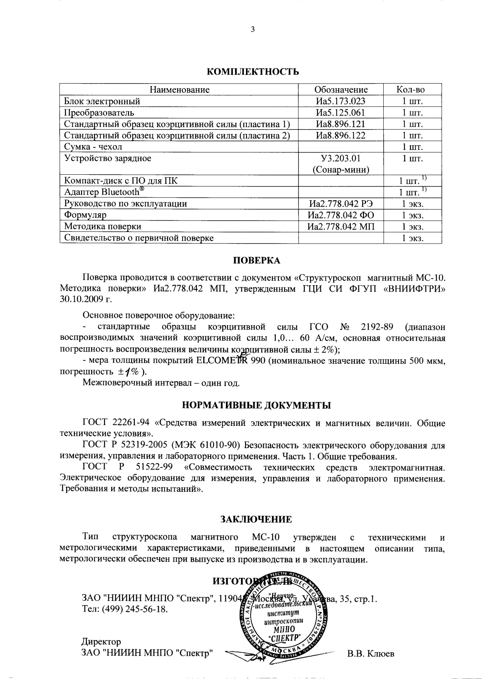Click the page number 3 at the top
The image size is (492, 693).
point(252,29)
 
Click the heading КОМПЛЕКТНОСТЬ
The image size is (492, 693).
point(253,71)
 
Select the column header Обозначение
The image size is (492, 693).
point(341,89)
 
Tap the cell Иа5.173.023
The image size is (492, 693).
point(341,101)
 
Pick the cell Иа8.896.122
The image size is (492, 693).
point(341,135)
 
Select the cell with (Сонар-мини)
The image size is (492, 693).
point(341,170)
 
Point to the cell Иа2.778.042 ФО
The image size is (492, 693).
point(341,215)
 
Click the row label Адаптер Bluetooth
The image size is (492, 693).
point(107,192)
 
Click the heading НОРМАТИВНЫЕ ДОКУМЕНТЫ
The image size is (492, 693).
point(256,406)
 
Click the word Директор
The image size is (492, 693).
point(101,642)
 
